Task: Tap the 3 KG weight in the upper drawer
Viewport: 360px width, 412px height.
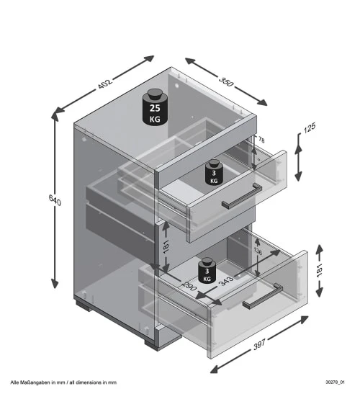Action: (214, 172)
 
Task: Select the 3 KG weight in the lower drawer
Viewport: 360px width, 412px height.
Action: (207, 271)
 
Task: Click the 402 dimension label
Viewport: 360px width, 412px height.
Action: (105, 84)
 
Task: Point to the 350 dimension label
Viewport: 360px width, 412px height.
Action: (226, 81)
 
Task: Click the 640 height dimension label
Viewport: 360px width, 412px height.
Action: (55, 200)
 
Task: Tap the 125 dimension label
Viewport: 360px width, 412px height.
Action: (310, 127)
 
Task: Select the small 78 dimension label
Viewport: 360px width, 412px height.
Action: (261, 140)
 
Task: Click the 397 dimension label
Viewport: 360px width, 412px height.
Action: (259, 344)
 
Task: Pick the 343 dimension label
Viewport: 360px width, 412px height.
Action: (226, 281)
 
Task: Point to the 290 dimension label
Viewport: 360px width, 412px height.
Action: (189, 286)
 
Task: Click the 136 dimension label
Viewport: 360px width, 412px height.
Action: (258, 251)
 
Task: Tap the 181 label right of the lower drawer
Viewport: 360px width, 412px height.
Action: (319, 271)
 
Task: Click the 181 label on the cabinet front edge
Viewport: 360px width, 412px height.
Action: (166, 247)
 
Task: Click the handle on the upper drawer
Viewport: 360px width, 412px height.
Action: (242, 196)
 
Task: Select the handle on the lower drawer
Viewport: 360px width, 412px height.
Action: (263, 296)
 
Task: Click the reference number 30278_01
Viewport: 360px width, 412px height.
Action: (335, 382)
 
